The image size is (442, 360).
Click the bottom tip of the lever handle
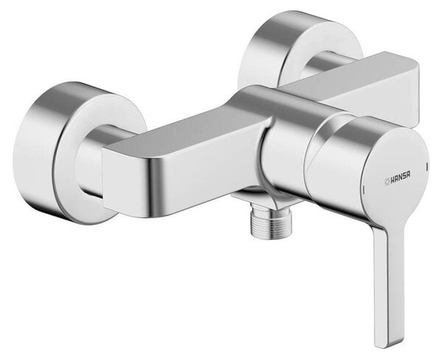pos(391,345)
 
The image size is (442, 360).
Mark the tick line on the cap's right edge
pos(427,166)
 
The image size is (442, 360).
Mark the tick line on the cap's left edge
pos(364,191)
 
